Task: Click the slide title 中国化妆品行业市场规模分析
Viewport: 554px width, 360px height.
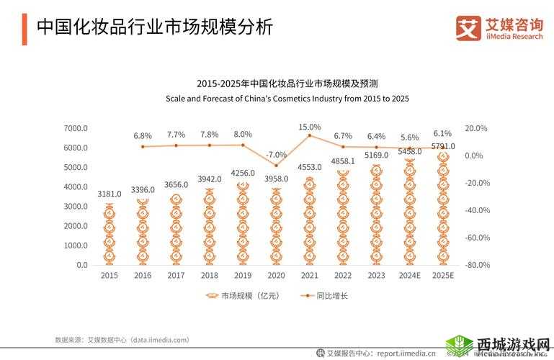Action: coord(154,27)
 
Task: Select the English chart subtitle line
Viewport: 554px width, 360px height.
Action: coord(287,99)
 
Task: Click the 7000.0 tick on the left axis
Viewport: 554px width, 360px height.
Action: coord(76,128)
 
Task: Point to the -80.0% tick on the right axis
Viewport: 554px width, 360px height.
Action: coord(477,265)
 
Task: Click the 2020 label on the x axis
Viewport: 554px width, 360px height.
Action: coord(276,276)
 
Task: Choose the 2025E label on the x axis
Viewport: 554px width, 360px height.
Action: coord(442,276)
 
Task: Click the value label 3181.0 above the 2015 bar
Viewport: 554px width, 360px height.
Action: coord(110,194)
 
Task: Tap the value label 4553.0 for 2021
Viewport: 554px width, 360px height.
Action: coord(309,167)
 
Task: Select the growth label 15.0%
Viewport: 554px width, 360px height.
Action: coord(310,127)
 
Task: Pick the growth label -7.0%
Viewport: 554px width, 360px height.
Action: coord(276,154)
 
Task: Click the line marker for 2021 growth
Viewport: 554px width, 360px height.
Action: coord(310,135)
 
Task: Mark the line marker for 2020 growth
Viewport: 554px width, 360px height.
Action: coord(276,166)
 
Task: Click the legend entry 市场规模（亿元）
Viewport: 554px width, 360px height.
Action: coord(242,296)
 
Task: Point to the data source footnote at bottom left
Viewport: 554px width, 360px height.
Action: coord(122,339)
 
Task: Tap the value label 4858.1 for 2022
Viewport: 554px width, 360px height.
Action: coord(343,161)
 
